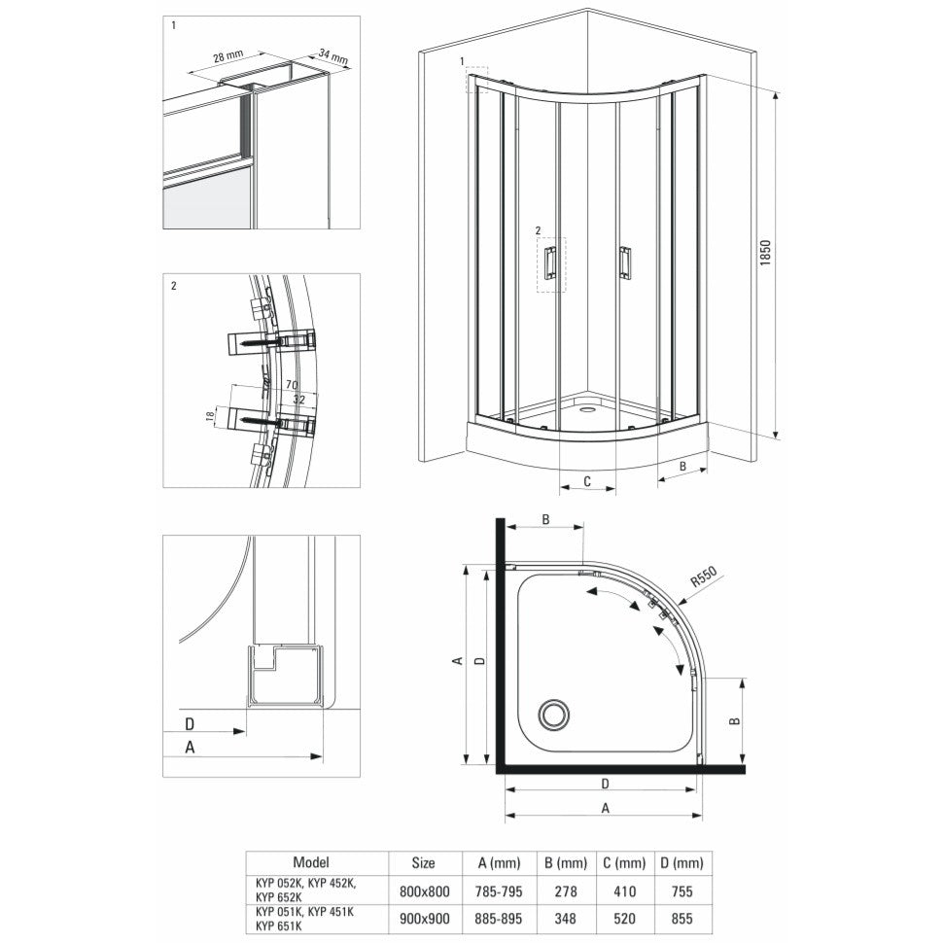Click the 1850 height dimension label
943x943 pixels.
(765, 253)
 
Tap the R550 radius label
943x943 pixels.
(703, 577)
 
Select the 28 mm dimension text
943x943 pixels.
(227, 57)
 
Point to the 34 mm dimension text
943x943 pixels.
(333, 57)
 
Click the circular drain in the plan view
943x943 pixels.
(553, 715)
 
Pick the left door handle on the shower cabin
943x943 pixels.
(550, 262)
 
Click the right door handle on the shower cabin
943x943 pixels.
(625, 262)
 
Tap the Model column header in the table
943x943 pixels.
(311, 862)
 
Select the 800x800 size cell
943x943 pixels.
(425, 891)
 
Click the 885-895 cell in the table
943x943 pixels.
(498, 919)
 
